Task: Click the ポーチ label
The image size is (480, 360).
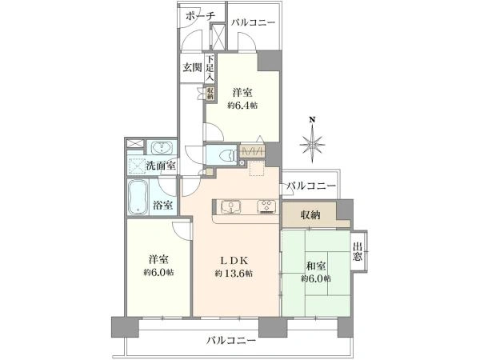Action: click(x=201, y=17)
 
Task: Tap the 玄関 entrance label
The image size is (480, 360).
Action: click(x=192, y=67)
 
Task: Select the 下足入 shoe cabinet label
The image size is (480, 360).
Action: click(x=210, y=68)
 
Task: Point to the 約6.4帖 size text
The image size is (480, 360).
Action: click(x=242, y=106)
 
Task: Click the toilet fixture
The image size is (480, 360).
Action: click(x=227, y=155)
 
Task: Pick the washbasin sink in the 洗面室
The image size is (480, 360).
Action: click(x=162, y=148)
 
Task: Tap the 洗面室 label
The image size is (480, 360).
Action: click(x=161, y=166)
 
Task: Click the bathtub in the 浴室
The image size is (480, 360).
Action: click(x=138, y=197)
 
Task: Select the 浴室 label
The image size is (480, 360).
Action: click(x=162, y=205)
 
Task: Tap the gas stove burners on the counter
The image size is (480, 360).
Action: click(x=267, y=206)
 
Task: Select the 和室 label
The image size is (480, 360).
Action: click(x=316, y=266)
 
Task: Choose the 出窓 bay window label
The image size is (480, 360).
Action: click(x=358, y=251)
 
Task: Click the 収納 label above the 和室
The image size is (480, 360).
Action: click(x=310, y=215)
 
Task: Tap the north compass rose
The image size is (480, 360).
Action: click(x=312, y=143)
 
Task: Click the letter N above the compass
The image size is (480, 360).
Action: click(x=312, y=119)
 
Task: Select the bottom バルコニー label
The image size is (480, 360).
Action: click(x=230, y=341)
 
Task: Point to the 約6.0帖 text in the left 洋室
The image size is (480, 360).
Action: click(x=158, y=272)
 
